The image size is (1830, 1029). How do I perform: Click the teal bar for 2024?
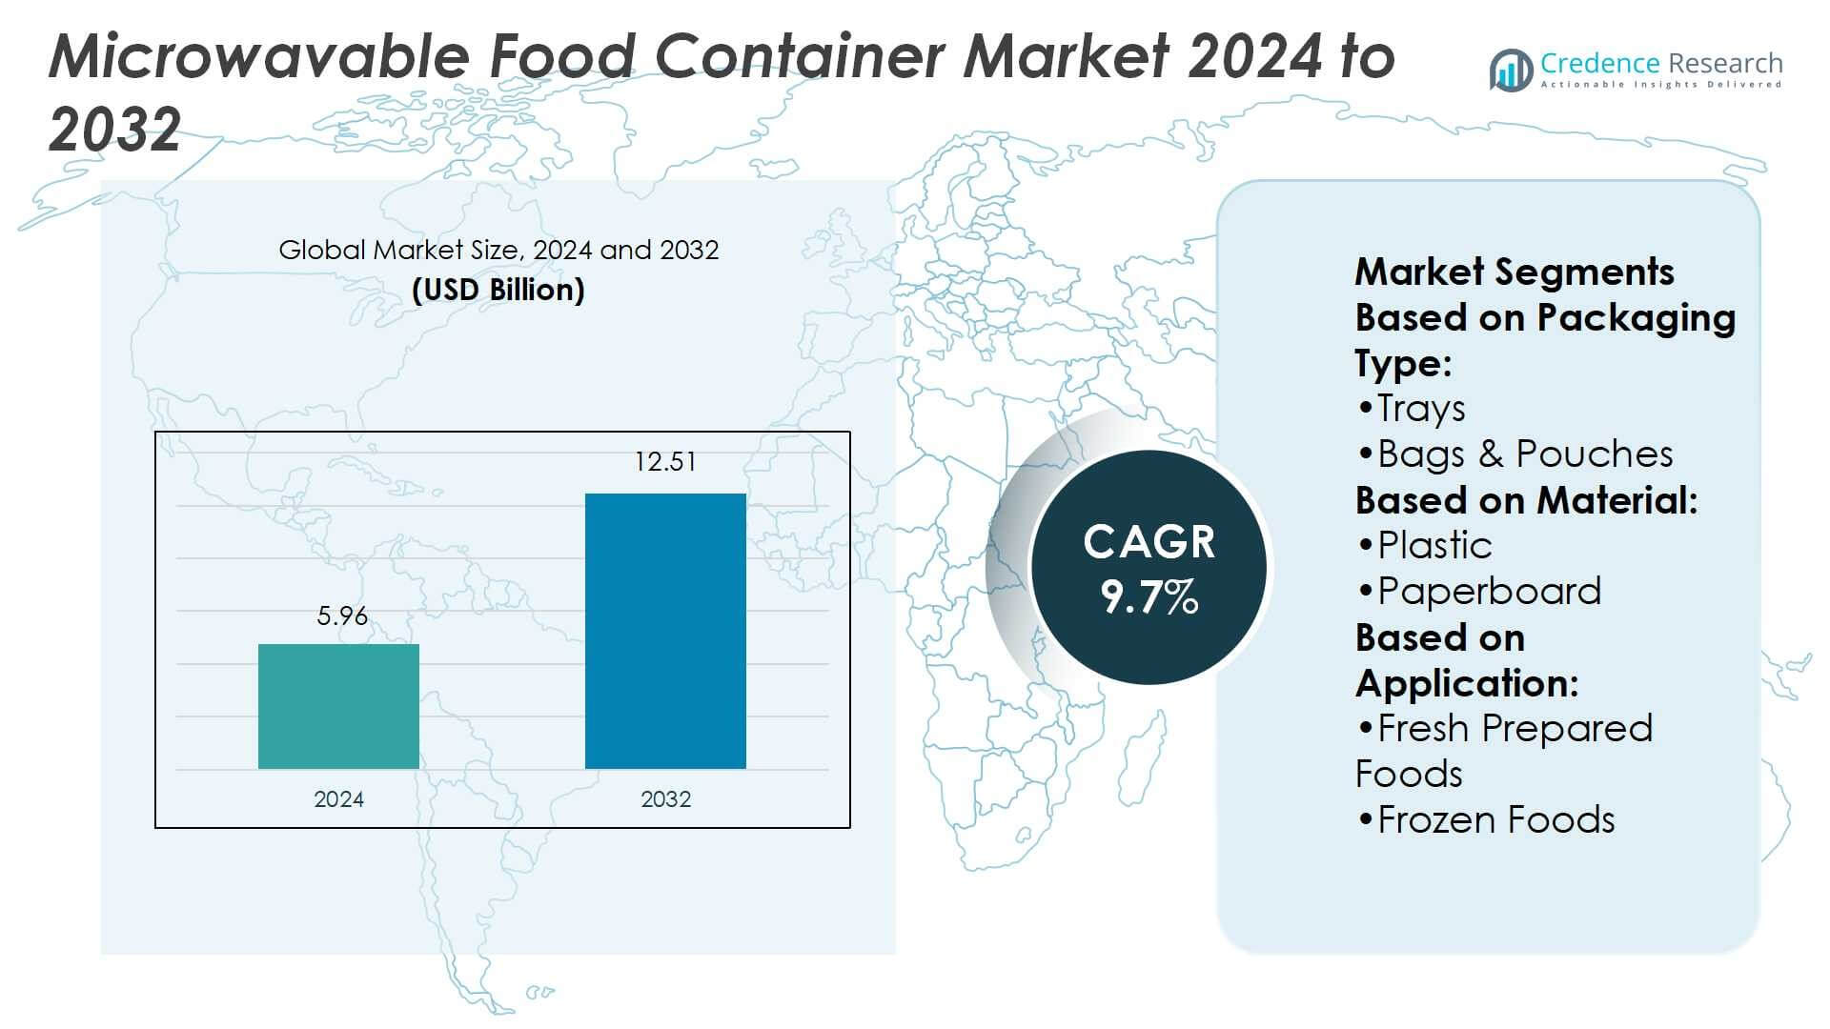click(338, 706)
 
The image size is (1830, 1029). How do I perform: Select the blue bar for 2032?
click(665, 631)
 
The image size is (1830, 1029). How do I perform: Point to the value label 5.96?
click(342, 616)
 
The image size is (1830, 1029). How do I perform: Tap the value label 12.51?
click(665, 462)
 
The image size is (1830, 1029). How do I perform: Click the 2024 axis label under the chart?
click(338, 799)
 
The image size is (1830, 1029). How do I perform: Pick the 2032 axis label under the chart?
click(665, 799)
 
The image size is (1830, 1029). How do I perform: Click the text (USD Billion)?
click(498, 290)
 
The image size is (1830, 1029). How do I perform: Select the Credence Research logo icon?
click(1511, 71)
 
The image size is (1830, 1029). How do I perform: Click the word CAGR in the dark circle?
click(1149, 542)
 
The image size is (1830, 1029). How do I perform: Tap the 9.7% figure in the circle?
click(1149, 597)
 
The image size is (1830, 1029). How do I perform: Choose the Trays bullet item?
click(1420, 409)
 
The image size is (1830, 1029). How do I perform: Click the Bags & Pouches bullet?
click(1524, 454)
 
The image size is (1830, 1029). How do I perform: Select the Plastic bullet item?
click(1433, 546)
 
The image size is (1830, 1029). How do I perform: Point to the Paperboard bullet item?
click(1488, 592)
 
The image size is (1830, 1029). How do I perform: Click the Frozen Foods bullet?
click(1495, 820)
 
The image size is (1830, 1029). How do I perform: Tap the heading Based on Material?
click(1526, 500)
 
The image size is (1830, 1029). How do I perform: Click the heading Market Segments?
click(1514, 272)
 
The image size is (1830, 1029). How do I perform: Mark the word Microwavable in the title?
click(258, 56)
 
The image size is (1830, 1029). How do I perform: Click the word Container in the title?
click(802, 56)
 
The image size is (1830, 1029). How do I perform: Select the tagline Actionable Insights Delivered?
click(1660, 86)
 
